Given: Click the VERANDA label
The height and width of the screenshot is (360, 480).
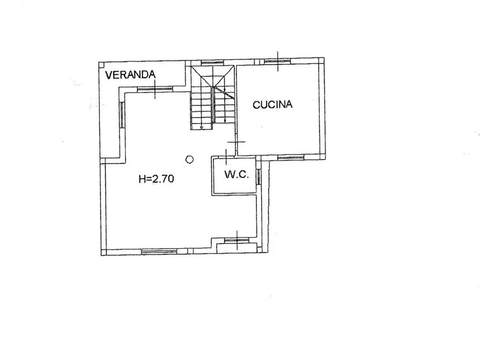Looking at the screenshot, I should (x=131, y=75).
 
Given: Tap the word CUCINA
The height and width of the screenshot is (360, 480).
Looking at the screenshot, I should (x=273, y=105).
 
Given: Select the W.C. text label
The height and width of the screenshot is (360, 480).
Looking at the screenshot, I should (x=237, y=174).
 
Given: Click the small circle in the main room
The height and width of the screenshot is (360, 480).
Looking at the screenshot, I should (x=189, y=159).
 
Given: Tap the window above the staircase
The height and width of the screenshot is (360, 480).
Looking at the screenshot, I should (x=212, y=62).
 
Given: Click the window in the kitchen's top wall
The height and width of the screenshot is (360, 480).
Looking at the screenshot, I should (x=278, y=61).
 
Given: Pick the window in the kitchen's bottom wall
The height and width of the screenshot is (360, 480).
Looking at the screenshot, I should (x=290, y=157).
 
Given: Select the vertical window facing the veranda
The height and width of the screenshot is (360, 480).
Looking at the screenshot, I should (x=123, y=114).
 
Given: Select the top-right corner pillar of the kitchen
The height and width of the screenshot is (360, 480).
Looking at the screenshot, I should (x=321, y=60).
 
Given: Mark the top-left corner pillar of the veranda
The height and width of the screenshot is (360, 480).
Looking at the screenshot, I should (x=102, y=65).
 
